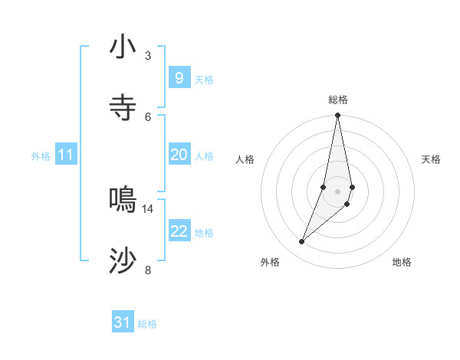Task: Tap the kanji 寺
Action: pos(123,108)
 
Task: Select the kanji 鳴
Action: pos(123,200)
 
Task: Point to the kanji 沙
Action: pos(123,261)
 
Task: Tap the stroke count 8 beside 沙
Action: pos(147,270)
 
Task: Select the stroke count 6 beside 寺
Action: pos(147,116)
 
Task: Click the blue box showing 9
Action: pos(179,77)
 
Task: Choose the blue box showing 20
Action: pos(179,155)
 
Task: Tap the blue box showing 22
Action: pos(179,231)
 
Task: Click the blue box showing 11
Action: pos(66,155)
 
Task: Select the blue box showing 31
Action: pos(123,322)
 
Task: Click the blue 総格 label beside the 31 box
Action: pos(147,324)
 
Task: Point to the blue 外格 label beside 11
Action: pos(41,156)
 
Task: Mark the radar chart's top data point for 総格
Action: pos(337,116)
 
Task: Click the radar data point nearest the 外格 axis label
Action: pos(301,242)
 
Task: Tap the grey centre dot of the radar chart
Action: pos(337,191)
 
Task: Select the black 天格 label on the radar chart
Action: pos(432,159)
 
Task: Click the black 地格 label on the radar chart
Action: pos(402,262)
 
